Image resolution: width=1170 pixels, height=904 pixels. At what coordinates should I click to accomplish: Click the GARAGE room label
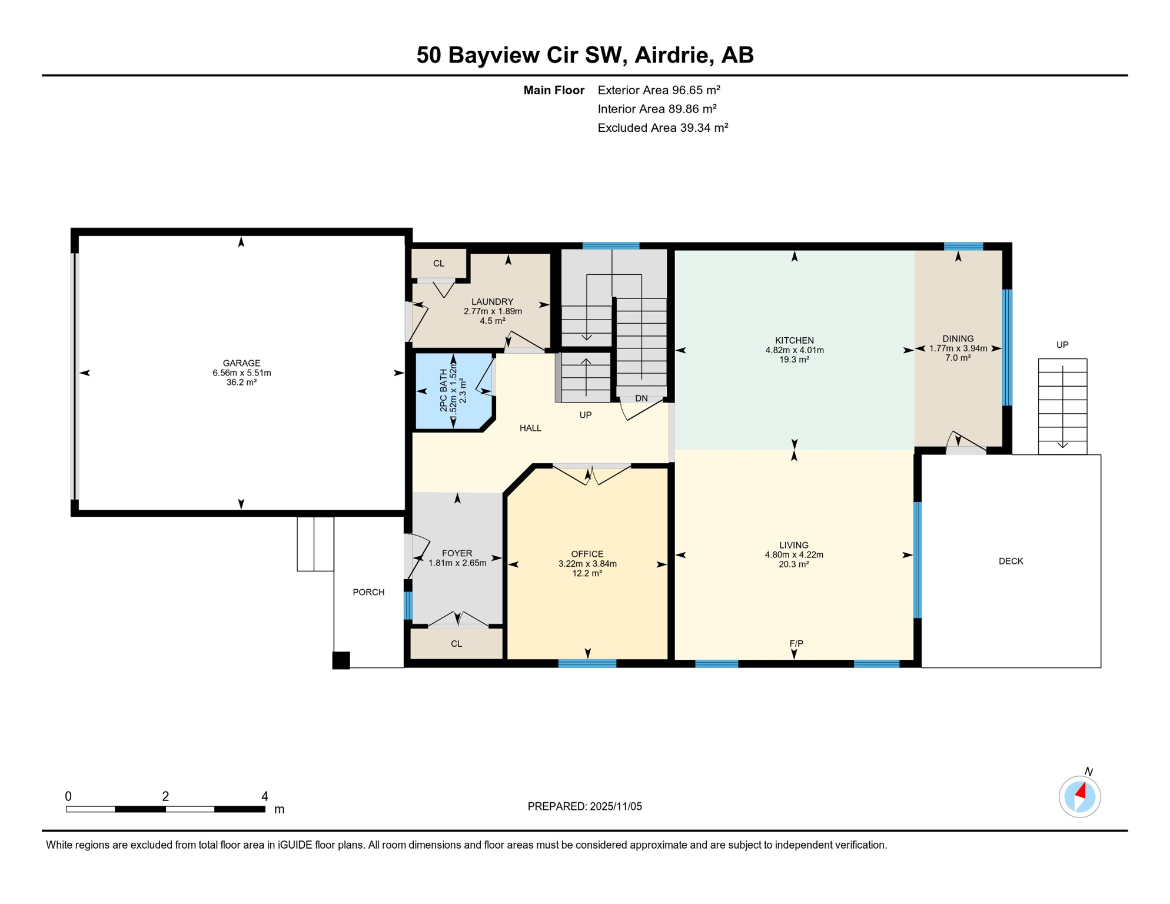(x=241, y=363)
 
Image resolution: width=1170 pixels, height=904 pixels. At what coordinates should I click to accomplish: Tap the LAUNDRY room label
(x=492, y=301)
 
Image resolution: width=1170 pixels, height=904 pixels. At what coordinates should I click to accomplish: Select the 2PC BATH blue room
(x=453, y=391)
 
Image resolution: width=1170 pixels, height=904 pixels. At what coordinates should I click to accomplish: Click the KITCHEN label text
(x=794, y=340)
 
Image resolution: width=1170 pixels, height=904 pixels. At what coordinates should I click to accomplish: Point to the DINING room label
(x=958, y=338)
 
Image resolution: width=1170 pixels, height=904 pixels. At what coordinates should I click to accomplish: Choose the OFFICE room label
(x=587, y=554)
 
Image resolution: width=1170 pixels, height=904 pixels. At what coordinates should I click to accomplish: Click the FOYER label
(x=457, y=553)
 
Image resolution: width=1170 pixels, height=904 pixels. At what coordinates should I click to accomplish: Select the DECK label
(x=1011, y=561)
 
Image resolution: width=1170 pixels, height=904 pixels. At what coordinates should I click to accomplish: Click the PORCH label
(x=368, y=592)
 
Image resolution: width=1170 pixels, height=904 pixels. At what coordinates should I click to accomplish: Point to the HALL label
(x=530, y=428)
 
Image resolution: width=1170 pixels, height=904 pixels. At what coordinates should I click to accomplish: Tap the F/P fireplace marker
(x=796, y=643)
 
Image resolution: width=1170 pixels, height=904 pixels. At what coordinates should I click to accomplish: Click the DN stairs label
(x=641, y=398)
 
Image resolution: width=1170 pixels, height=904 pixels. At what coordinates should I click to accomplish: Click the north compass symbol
(x=1079, y=796)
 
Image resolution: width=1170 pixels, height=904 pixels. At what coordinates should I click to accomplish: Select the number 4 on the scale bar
(x=265, y=796)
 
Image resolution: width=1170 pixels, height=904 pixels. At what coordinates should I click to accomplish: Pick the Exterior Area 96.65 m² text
(x=659, y=90)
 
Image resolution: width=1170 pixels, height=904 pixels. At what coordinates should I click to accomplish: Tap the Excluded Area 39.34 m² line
(x=663, y=128)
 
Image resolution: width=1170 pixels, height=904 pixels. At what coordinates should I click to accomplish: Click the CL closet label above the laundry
(x=438, y=263)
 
